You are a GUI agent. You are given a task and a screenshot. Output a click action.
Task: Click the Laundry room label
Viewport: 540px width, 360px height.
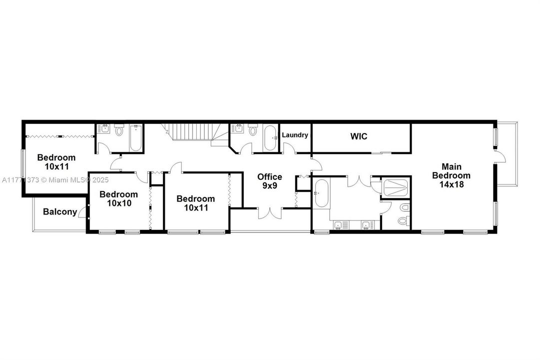(295, 135)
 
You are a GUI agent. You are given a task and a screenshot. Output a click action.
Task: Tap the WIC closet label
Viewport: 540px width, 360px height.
(359, 136)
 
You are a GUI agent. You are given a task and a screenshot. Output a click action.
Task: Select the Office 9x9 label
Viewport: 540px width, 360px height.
(270, 181)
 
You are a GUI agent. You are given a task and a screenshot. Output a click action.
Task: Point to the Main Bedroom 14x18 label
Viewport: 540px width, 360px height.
(451, 175)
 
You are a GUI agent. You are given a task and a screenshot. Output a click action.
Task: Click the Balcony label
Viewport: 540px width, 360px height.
(60, 211)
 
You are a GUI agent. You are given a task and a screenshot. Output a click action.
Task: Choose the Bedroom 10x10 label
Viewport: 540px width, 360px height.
(119, 199)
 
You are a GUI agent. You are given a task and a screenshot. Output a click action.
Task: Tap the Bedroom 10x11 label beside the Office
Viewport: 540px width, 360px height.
(196, 203)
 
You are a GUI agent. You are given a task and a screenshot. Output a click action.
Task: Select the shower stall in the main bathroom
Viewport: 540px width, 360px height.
(396, 187)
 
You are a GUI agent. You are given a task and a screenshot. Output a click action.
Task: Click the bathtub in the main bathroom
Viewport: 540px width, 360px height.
(321, 193)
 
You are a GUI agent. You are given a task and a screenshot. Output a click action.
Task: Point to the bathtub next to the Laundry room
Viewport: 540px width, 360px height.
(270, 138)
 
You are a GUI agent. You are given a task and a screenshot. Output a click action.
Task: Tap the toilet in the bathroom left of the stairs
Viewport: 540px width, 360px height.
(119, 130)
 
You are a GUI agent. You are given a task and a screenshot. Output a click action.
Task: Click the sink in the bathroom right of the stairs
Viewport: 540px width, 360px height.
(238, 129)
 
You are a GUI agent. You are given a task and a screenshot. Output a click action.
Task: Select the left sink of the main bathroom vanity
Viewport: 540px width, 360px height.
(338, 225)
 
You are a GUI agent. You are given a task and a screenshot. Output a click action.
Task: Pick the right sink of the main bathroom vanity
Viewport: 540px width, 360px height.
(366, 225)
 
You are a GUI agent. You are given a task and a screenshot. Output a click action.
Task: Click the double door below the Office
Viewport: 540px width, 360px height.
(270, 214)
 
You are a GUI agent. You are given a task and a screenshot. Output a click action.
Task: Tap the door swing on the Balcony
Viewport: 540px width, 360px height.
(82, 212)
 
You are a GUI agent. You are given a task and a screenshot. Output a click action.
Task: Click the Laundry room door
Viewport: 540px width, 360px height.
(289, 148)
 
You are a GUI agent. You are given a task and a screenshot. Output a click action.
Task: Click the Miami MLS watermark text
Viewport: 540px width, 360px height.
(55, 179)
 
